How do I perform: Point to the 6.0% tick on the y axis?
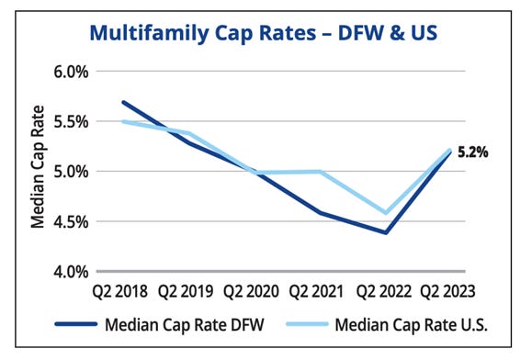pyautogui.click(x=67, y=71)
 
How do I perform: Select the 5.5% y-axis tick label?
pyautogui.click(x=67, y=121)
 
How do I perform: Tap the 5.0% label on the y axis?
pyautogui.click(x=67, y=171)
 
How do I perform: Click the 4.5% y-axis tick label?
pyautogui.click(x=67, y=221)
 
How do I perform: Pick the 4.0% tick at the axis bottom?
pyautogui.click(x=67, y=271)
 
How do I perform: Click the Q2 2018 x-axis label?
pyautogui.click(x=122, y=294)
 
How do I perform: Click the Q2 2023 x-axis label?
pyautogui.click(x=450, y=294)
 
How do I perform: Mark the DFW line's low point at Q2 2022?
pyautogui.click(x=386, y=232)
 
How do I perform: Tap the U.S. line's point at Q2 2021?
pyautogui.click(x=320, y=171)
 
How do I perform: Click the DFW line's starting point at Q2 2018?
pyautogui.click(x=123, y=102)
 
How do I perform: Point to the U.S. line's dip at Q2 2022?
pyautogui.click(x=386, y=212)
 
